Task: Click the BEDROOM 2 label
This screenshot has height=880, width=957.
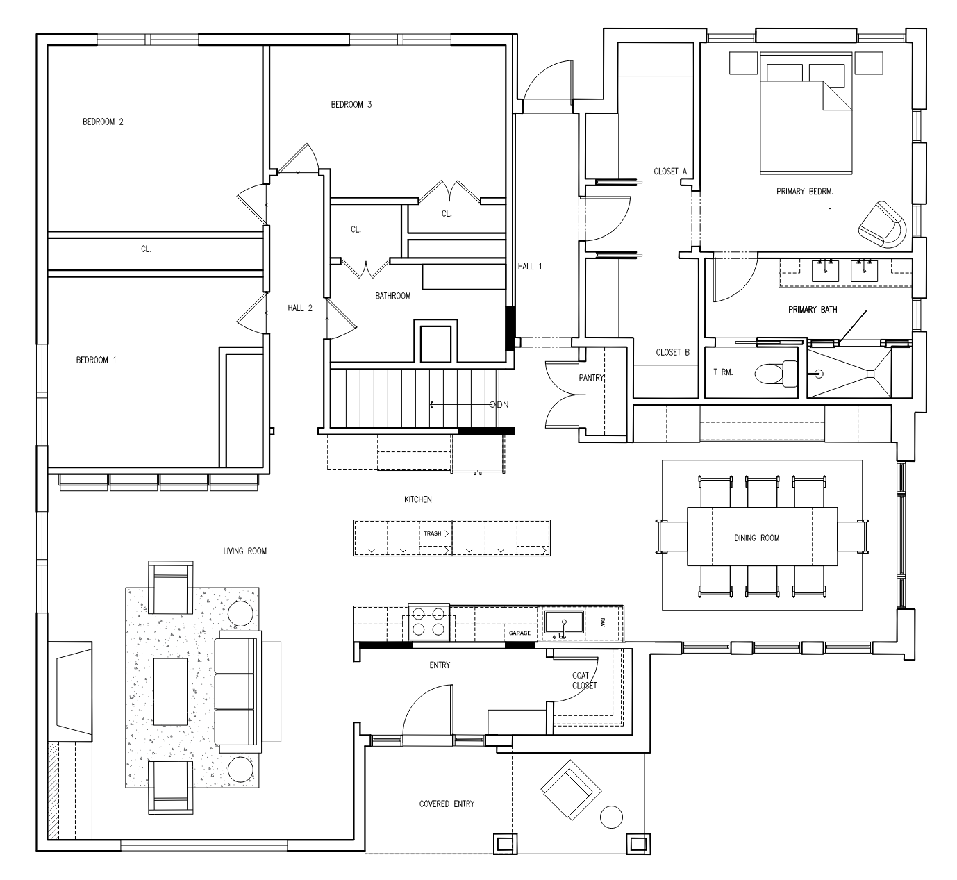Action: coord(103,122)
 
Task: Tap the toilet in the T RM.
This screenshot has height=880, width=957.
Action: coord(776,373)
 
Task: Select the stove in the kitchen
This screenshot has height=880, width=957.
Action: coord(428,622)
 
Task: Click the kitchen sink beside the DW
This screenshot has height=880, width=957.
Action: coord(565,623)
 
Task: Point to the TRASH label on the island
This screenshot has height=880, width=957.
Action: coord(432,533)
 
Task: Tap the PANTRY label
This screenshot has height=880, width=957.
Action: coord(592,377)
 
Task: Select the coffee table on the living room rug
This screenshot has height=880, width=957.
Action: coord(170,692)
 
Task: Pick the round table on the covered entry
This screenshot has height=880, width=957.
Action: coord(611,817)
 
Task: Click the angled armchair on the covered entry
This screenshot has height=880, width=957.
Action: coord(571,790)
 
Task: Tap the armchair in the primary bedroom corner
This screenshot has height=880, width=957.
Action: coord(882,224)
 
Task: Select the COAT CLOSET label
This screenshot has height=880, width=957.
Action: coord(585,681)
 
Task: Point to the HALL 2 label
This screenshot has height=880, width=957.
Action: coord(300,308)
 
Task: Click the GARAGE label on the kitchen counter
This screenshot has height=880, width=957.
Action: coord(519,633)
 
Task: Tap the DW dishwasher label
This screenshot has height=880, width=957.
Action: coord(602,622)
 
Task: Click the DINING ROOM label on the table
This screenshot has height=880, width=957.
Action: coord(756,538)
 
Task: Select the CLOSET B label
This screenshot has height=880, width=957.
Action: coord(673,352)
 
